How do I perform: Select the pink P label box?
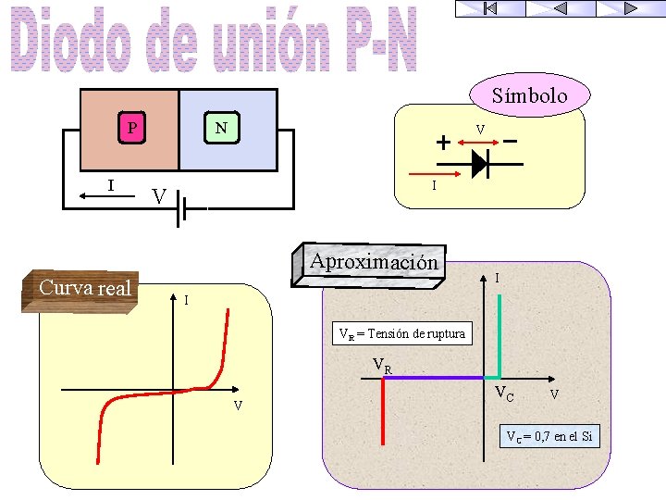[134, 128]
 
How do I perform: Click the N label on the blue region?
[221, 127]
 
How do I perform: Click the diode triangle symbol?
[479, 163]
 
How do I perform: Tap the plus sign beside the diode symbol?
[444, 143]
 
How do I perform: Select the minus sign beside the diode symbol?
[510, 142]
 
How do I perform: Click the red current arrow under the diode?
[417, 173]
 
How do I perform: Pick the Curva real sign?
[85, 288]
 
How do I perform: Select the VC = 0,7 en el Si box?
[549, 435]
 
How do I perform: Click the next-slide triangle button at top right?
[630, 7]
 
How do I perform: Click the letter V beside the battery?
[159, 196]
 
